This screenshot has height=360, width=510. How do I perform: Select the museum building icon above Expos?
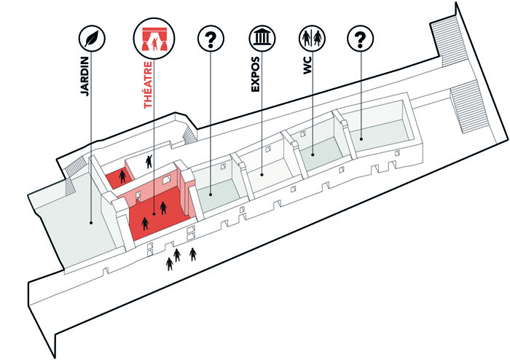pyautogui.click(x=261, y=38)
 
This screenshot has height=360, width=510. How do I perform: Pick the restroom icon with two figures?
pyautogui.click(x=313, y=38)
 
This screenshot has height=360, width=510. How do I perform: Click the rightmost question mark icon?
pyautogui.click(x=359, y=38)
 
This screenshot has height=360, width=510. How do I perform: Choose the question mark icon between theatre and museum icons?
pyautogui.click(x=210, y=38)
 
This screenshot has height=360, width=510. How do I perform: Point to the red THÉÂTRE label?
pyautogui.click(x=149, y=85)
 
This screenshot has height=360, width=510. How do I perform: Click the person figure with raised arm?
pyautogui.click(x=149, y=161)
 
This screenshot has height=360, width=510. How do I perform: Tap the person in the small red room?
pyautogui.click(x=122, y=176)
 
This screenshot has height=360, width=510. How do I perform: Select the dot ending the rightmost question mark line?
pyautogui.click(x=359, y=135)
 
